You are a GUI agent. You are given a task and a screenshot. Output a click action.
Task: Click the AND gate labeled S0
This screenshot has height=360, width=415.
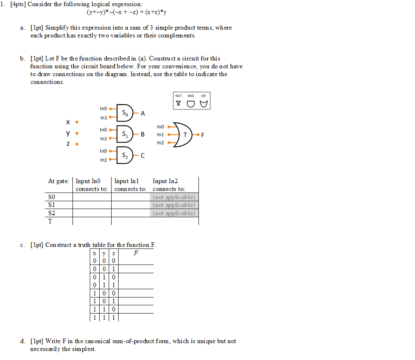[x=125, y=113]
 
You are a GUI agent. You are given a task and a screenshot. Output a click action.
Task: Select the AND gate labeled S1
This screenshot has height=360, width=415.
[x=125, y=134]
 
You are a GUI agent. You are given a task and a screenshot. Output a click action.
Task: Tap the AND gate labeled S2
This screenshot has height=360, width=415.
[x=125, y=155]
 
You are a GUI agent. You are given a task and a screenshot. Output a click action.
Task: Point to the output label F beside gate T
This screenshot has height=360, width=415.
[x=203, y=135]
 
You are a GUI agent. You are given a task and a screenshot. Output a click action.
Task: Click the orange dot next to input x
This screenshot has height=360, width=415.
[x=77, y=122]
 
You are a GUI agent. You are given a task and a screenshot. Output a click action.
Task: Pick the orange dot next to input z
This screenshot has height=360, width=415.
[x=77, y=144]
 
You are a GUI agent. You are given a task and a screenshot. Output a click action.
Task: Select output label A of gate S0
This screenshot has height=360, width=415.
[x=143, y=113]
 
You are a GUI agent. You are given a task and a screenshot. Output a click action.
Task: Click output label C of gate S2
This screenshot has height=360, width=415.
[x=143, y=156]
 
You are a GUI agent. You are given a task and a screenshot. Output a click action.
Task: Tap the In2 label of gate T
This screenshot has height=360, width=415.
[x=161, y=143]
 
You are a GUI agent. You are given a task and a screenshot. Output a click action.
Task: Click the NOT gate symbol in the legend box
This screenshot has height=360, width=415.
[x=178, y=104]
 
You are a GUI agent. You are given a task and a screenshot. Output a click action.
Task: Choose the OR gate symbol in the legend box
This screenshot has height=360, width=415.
[x=203, y=104]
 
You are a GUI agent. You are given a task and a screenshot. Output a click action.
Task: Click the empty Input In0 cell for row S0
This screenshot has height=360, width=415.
[x=92, y=197]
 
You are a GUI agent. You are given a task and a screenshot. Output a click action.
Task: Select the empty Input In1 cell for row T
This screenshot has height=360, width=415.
[x=130, y=221]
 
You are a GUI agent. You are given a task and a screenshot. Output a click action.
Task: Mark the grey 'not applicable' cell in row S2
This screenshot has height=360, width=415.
[x=174, y=213]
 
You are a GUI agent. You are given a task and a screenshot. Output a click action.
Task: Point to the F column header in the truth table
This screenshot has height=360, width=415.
[x=136, y=253]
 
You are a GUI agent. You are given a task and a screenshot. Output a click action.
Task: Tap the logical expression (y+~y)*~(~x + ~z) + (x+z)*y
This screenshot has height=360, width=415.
[x=127, y=12]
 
